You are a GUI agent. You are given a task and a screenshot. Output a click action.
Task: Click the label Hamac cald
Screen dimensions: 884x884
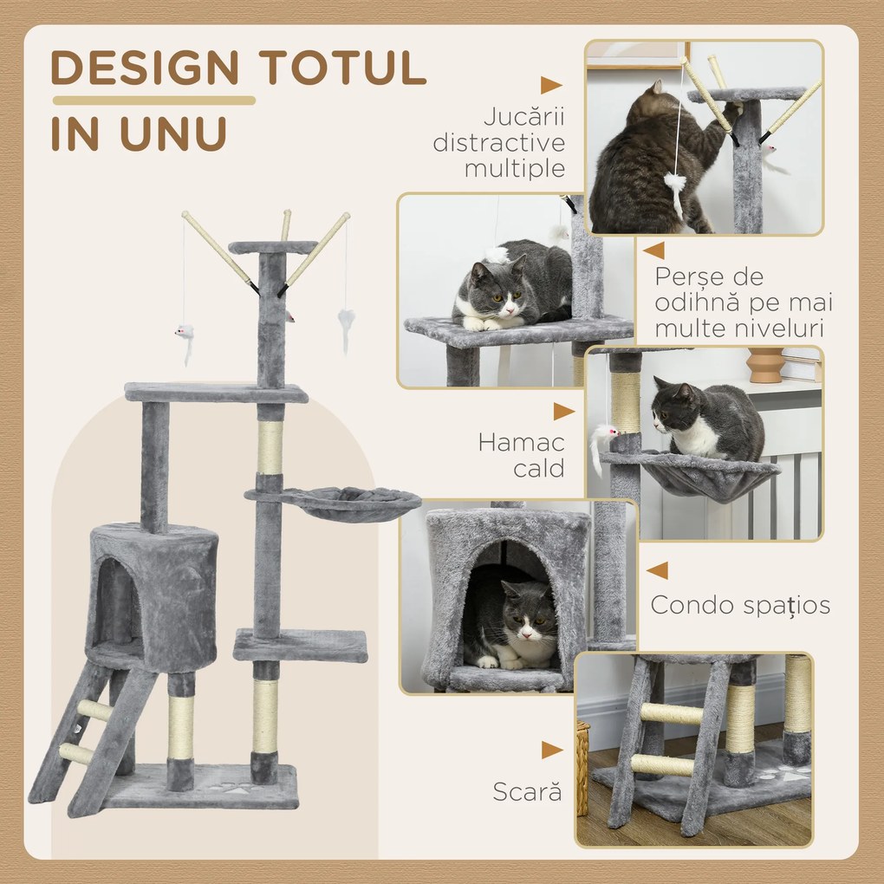pyautogui.click(x=521, y=455)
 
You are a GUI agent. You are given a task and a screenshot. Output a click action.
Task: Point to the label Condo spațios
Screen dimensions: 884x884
pyautogui.click(x=740, y=604)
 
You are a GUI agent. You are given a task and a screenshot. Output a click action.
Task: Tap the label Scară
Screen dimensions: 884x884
pyautogui.click(x=527, y=791)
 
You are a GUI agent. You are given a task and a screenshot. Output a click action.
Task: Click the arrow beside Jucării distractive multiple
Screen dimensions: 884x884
pyautogui.click(x=551, y=85)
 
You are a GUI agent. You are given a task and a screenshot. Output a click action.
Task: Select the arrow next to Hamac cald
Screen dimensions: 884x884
pyautogui.click(x=564, y=412)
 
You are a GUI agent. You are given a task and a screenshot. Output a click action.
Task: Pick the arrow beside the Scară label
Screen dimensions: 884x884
pyautogui.click(x=552, y=750)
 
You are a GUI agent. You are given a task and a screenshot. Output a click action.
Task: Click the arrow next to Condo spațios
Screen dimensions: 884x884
pyautogui.click(x=658, y=570)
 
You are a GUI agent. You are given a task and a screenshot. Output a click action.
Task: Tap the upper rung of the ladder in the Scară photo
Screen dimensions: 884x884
pyautogui.click(x=671, y=713)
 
